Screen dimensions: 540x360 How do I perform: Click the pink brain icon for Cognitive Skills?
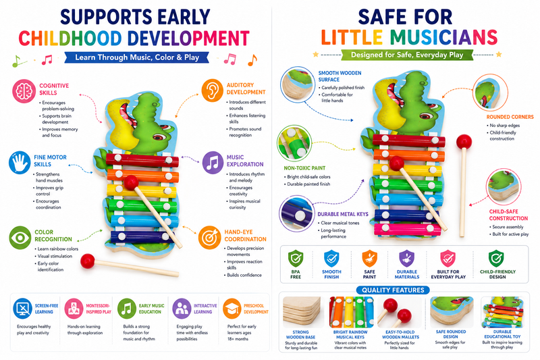coord(24,91)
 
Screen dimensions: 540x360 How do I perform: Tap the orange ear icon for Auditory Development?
coord(213,91)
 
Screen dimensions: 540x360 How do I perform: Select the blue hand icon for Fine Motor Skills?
coord(20,163)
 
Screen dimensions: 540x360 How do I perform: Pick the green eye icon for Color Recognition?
coord(20,238)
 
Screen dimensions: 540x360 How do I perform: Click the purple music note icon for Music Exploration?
coord(213,163)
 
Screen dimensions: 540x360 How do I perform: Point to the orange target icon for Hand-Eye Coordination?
coord(210,237)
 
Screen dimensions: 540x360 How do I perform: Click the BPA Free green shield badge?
coord(296,259)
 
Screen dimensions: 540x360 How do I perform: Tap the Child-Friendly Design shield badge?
coord(496,259)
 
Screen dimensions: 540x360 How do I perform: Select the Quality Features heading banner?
coord(393,290)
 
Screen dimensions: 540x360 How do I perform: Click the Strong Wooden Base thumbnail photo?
coord(302,312)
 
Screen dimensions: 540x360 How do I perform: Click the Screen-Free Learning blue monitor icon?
coord(23,309)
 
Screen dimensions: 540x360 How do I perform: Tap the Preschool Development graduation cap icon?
coord(232,309)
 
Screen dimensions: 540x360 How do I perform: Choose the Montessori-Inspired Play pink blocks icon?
coord(74,309)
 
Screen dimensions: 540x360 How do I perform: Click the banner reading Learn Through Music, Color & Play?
coord(137,57)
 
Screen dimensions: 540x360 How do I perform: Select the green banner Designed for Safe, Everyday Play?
coord(407,55)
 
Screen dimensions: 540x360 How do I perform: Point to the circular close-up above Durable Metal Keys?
coord(296,213)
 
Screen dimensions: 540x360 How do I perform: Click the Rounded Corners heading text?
coord(510,117)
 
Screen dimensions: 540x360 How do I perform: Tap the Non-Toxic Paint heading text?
coord(304,168)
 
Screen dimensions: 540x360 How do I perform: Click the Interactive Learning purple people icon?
coord(182,309)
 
